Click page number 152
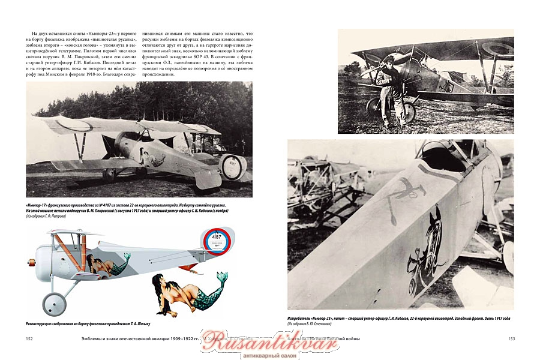(x=29, y=340)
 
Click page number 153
(x=511, y=340)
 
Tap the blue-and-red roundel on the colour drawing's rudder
(x=216, y=241)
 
